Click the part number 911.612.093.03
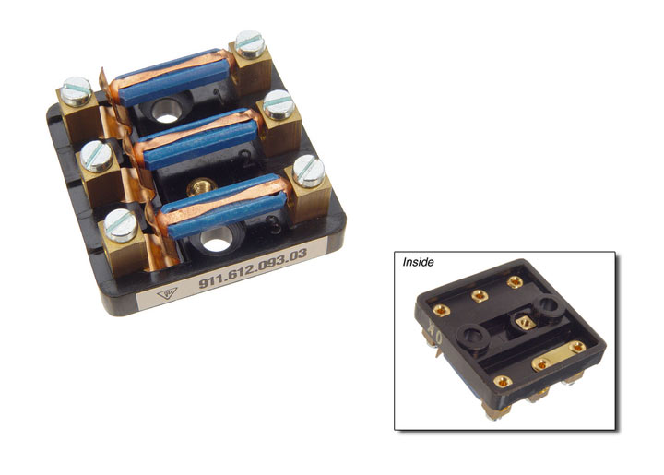click(253, 268)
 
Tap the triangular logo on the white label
click(167, 293)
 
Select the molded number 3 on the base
click(275, 224)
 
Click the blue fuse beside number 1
click(173, 78)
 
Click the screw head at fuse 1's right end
click(250, 43)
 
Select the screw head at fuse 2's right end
click(279, 103)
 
